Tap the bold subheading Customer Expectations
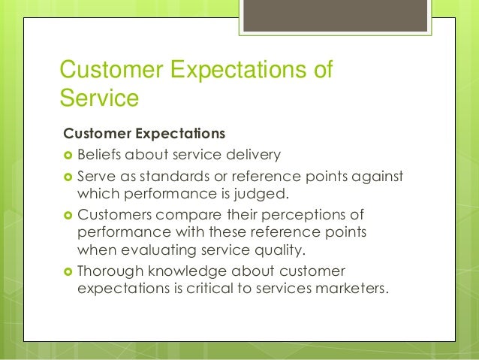pos(144,135)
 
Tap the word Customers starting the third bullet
pos(113,214)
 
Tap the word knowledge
pos(184,269)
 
